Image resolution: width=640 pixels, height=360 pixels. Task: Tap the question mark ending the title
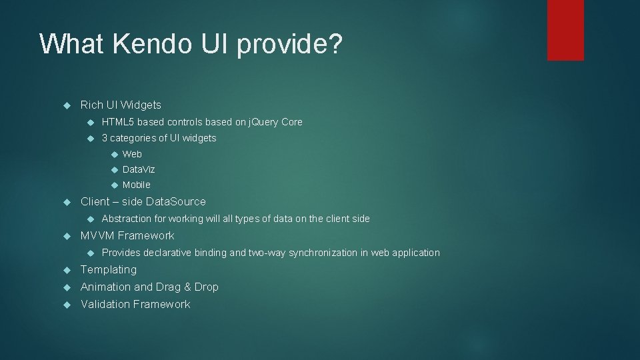click(x=335, y=43)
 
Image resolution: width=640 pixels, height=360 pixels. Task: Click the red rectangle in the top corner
click(x=565, y=29)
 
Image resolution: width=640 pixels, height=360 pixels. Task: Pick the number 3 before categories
click(x=105, y=138)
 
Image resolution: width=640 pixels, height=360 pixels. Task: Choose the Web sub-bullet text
click(x=132, y=154)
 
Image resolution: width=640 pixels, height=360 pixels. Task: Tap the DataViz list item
click(x=139, y=169)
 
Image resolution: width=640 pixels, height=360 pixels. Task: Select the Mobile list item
click(x=137, y=185)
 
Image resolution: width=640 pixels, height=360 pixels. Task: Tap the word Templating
click(x=109, y=270)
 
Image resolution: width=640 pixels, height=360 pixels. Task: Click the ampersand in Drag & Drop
click(x=187, y=287)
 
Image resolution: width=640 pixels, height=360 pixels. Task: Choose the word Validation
click(x=105, y=304)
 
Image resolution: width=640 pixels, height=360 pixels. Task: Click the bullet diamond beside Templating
click(x=65, y=270)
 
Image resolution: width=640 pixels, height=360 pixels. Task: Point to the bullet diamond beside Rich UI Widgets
click(x=65, y=105)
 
